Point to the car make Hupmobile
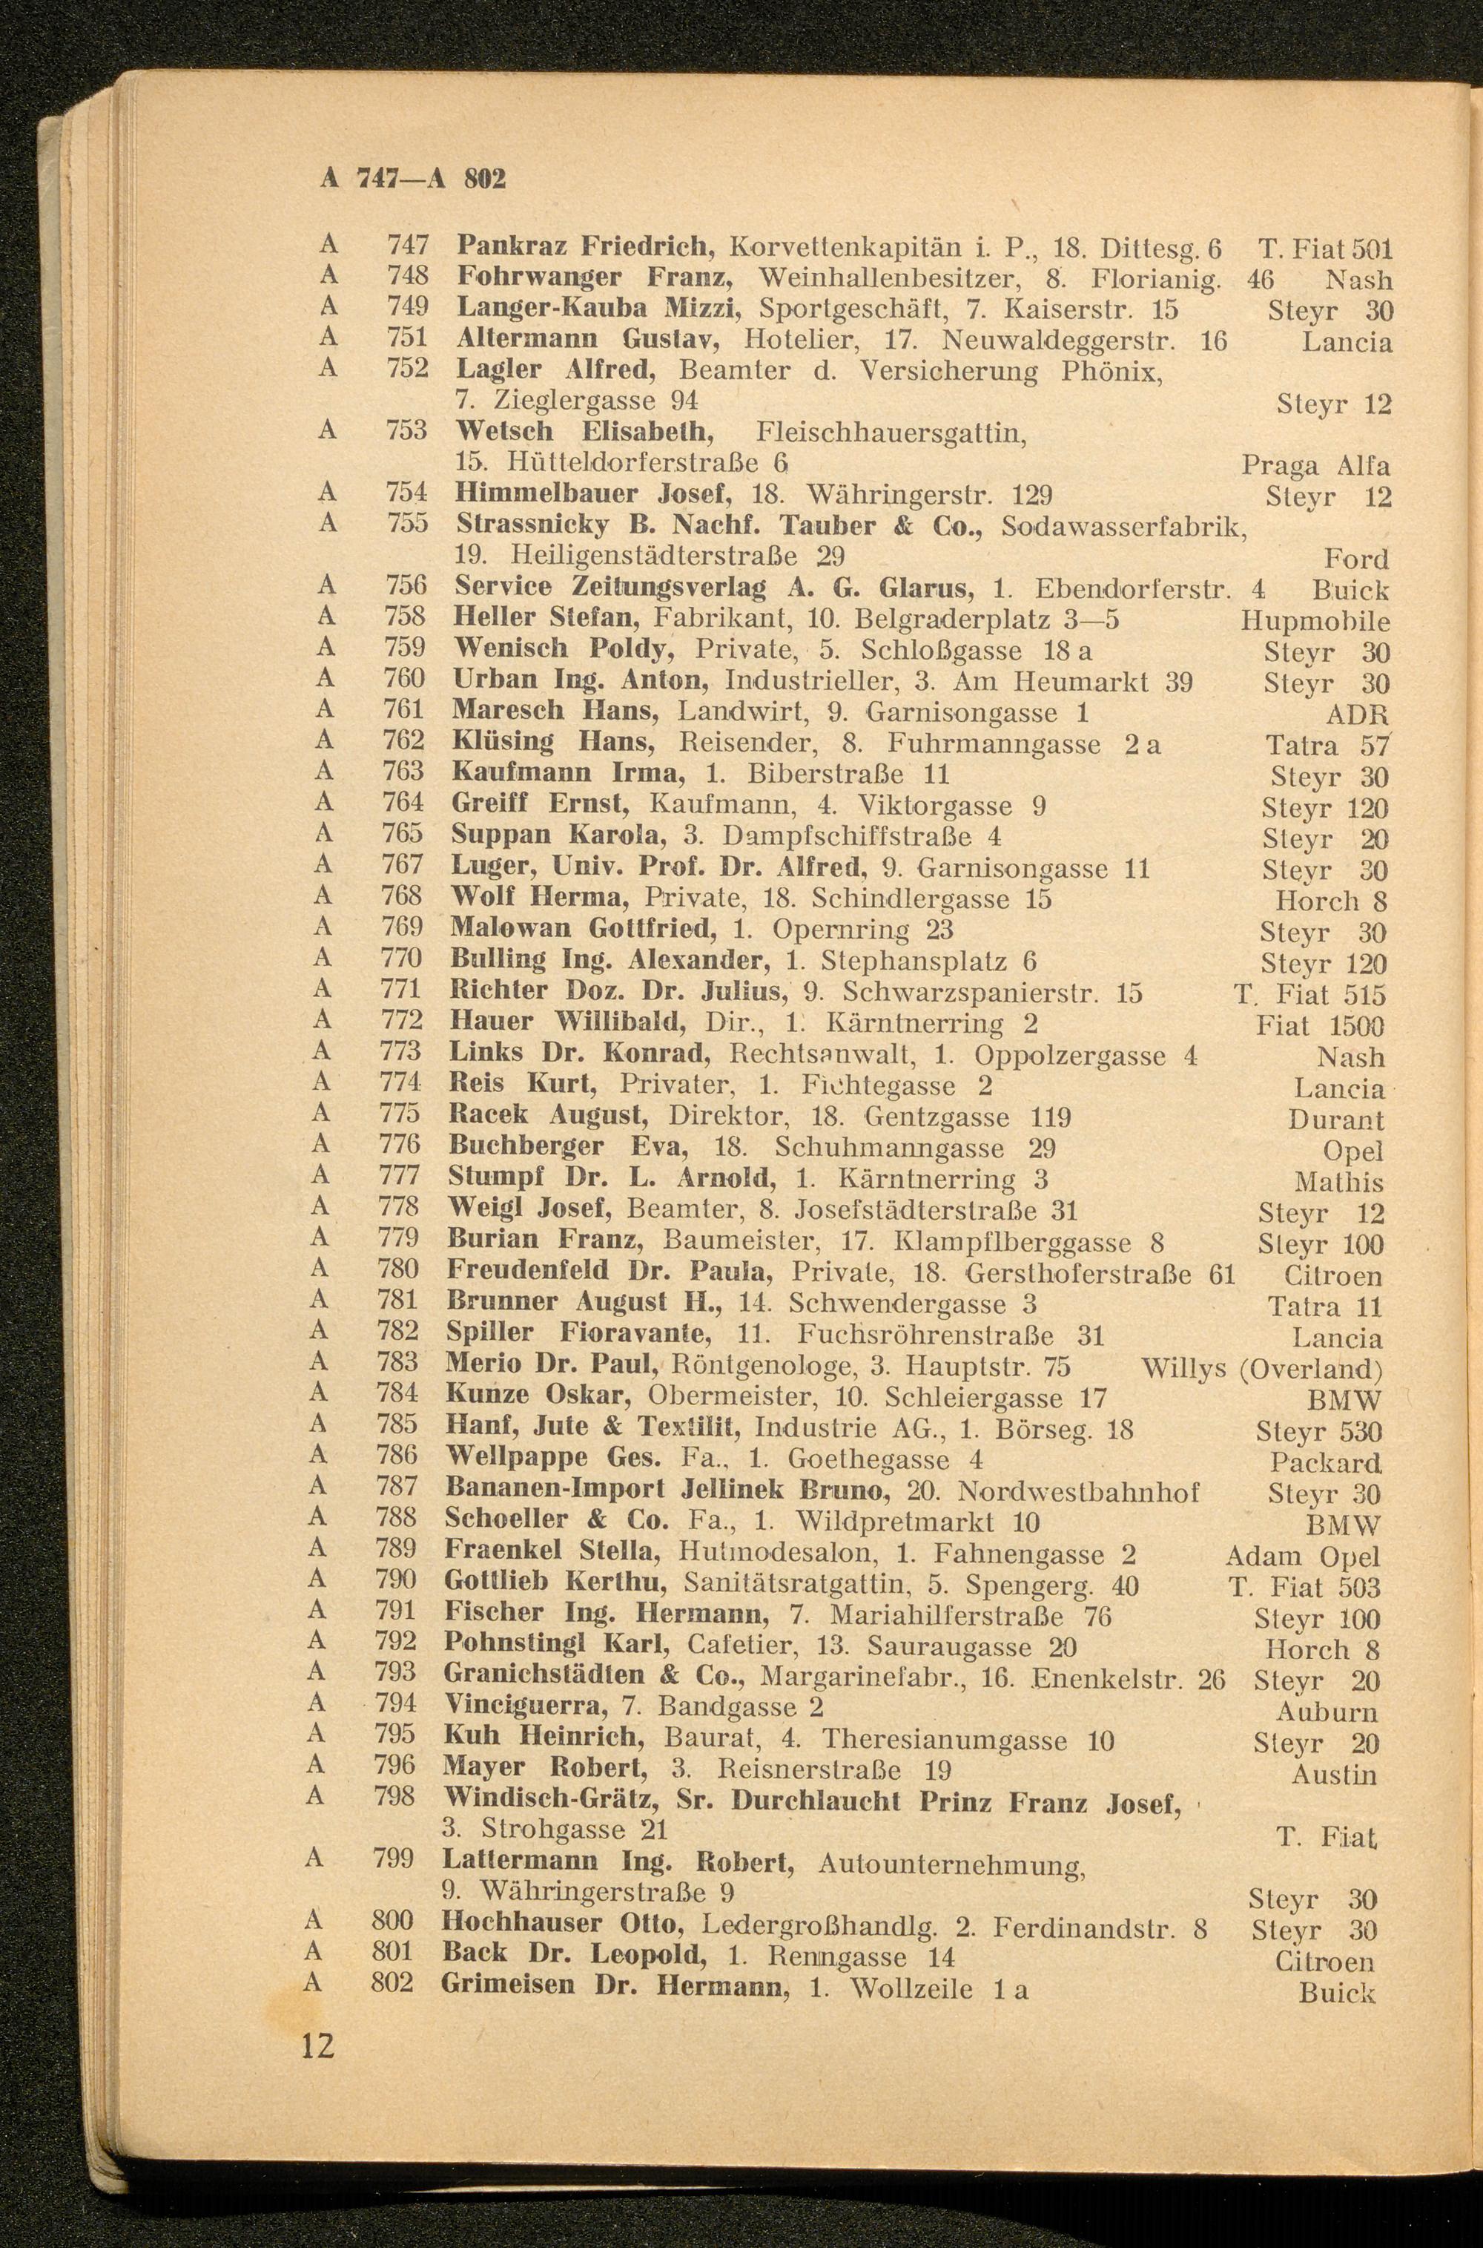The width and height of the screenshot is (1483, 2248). click(x=1315, y=622)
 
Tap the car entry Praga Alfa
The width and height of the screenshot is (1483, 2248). click(x=1315, y=467)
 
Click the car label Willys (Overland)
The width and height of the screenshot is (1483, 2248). click(x=1262, y=1369)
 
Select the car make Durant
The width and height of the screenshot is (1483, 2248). click(x=1335, y=1120)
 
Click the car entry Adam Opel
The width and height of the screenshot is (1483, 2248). click(x=1302, y=1557)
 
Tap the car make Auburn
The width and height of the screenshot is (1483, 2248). click(x=1326, y=1712)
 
